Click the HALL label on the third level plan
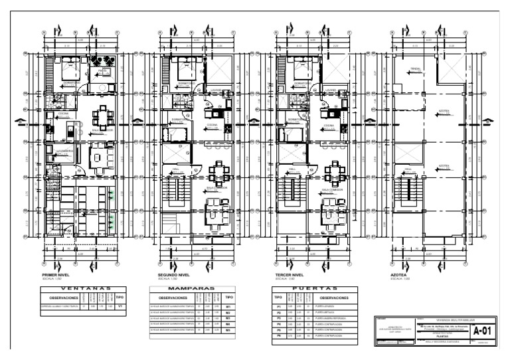293,169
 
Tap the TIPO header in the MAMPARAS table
228,297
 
